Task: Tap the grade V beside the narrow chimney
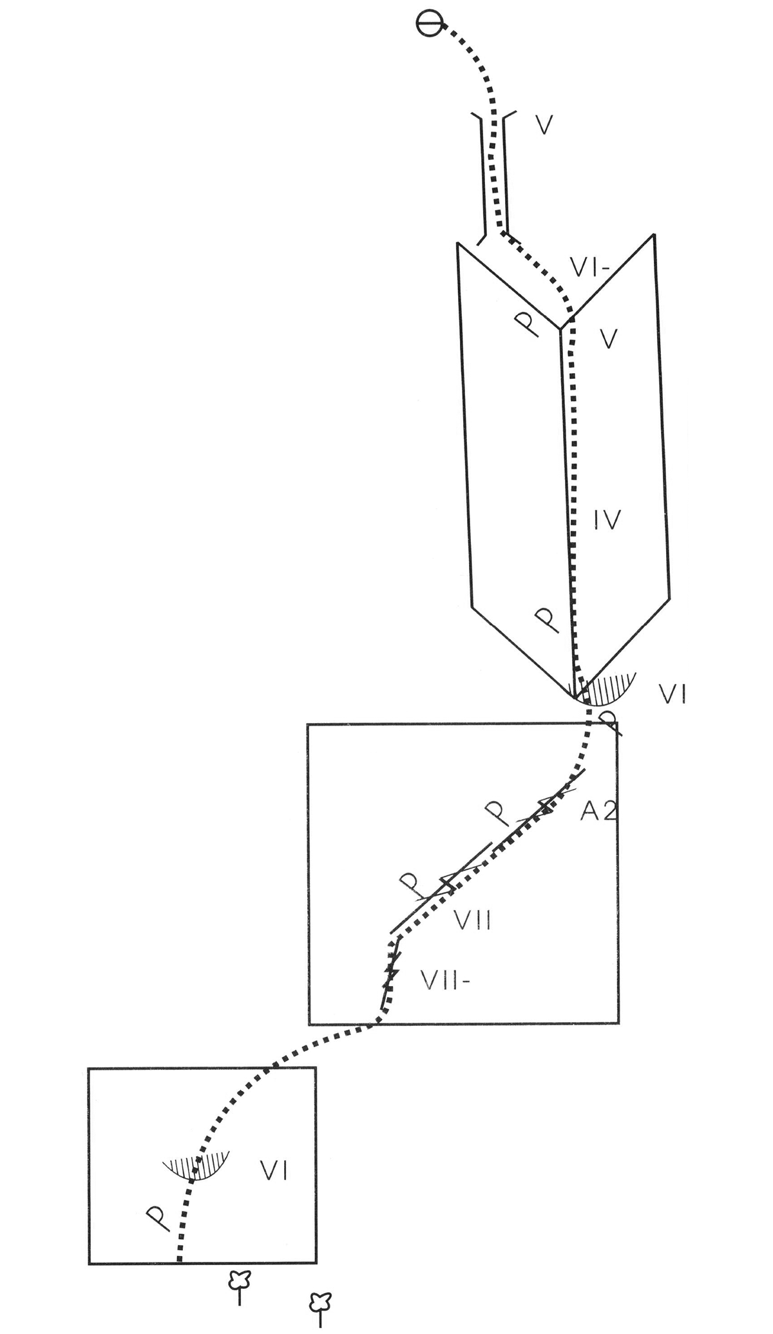545,126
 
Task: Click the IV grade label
607,519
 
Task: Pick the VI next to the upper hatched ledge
673,695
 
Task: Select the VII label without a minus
473,920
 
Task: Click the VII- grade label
446,980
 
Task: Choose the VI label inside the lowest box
274,1170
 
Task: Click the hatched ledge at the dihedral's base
606,688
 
